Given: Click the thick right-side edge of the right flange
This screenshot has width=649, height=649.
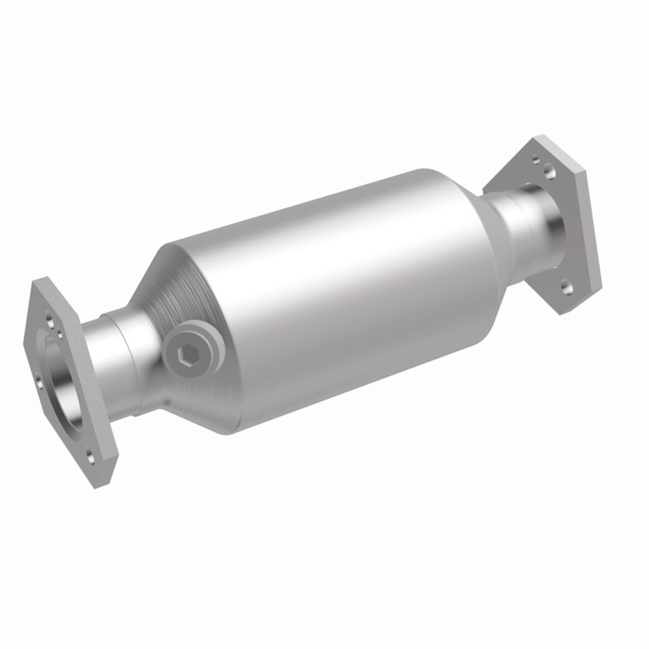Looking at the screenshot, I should pos(593,233).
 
